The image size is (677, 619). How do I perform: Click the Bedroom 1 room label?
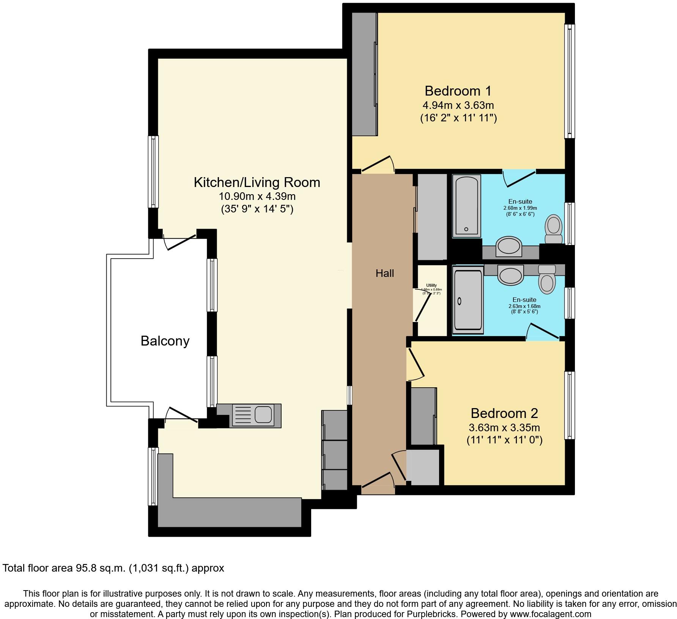pyautogui.click(x=458, y=91)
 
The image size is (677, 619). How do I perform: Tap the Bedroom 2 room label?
pyautogui.click(x=504, y=413)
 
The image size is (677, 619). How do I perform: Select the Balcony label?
pyautogui.click(x=165, y=341)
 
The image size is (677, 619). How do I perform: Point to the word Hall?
pyautogui.click(x=385, y=273)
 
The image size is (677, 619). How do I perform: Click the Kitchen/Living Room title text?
pyautogui.click(x=257, y=182)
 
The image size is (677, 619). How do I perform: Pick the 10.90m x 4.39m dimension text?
pyautogui.click(x=257, y=196)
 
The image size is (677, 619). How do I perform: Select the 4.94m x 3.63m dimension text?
pyautogui.click(x=458, y=105)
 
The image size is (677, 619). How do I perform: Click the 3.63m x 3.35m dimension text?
pyautogui.click(x=504, y=428)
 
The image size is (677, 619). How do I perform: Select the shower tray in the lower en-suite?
pyautogui.click(x=468, y=300)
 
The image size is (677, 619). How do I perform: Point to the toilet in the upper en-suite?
pyautogui.click(x=553, y=229)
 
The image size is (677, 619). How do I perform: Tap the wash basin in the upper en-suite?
pyautogui.click(x=509, y=247)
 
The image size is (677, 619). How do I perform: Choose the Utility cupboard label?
pyautogui.click(x=431, y=286)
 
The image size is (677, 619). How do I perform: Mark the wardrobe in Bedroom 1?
pyautogui.click(x=364, y=74)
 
